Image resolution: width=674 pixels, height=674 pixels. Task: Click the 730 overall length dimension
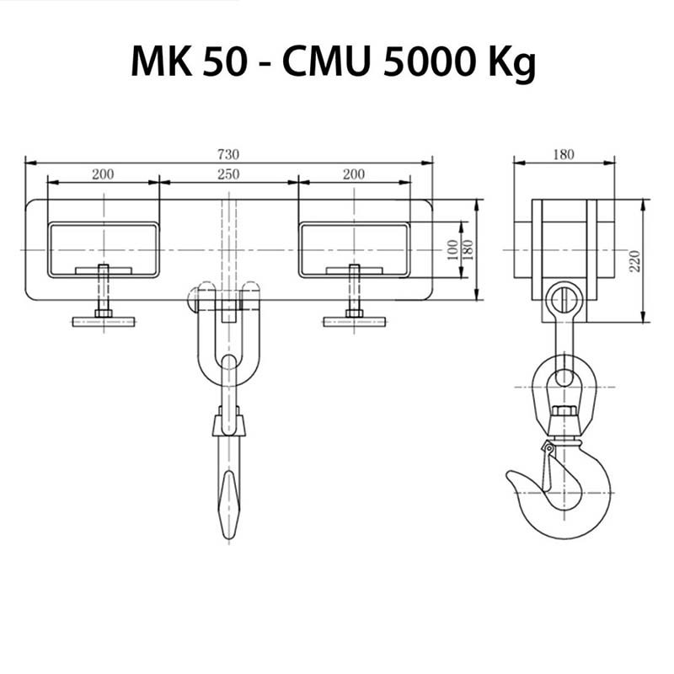pyautogui.click(x=228, y=154)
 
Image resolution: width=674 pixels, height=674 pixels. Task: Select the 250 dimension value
pyautogui.click(x=228, y=174)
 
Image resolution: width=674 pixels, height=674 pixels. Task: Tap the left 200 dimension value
pyautogui.click(x=103, y=174)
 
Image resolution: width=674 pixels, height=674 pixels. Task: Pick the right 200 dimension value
pyautogui.click(x=354, y=174)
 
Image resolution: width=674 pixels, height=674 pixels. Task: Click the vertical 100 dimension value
pyautogui.click(x=453, y=249)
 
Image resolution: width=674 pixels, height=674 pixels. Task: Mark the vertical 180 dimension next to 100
pyautogui.click(x=469, y=249)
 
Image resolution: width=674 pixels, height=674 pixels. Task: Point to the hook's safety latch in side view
pyautogui.click(x=546, y=468)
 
